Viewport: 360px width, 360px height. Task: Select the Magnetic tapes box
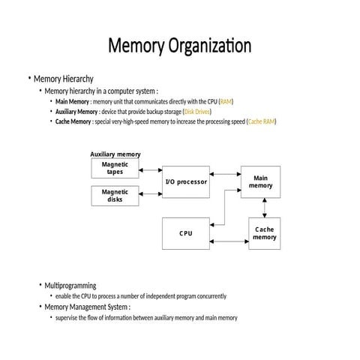point(115,168)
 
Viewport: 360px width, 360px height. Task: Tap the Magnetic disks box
point(115,196)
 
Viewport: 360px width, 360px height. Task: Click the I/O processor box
point(186,181)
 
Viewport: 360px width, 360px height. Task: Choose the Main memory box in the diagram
point(260,181)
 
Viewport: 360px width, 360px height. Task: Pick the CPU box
point(186,233)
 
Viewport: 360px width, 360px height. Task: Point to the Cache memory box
point(264,233)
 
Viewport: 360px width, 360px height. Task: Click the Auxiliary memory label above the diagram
point(115,154)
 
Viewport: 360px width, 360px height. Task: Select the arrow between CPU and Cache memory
point(229,241)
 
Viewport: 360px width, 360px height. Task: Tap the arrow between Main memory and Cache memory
point(264,207)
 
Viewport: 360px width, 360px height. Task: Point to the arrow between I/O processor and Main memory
point(225,175)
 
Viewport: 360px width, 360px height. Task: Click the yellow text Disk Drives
point(197,111)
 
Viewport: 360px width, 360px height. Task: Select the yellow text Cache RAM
point(262,121)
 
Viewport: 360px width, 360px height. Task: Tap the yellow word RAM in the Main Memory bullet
point(226,101)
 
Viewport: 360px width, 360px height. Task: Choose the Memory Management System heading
point(87,307)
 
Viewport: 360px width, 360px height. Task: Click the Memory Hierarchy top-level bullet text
point(63,79)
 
